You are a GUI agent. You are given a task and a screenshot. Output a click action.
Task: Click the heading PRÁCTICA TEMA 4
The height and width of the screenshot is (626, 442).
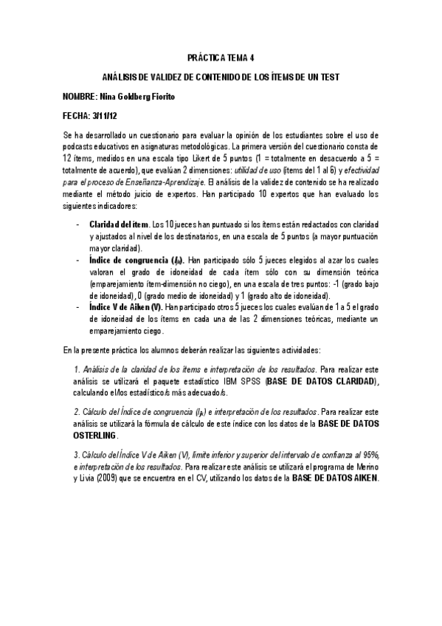[221, 57]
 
